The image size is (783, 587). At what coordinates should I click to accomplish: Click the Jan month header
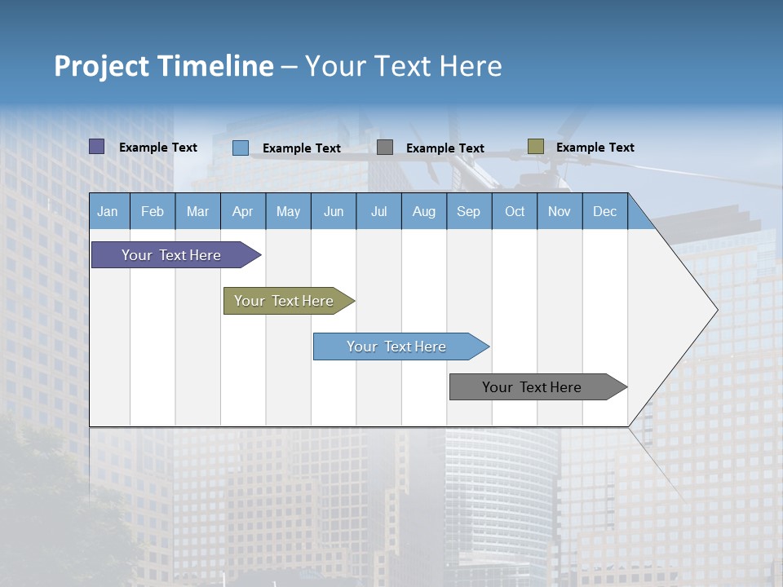coord(108,212)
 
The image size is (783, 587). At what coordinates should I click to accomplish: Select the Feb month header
coord(153,212)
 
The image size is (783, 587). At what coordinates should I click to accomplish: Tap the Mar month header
coord(197,212)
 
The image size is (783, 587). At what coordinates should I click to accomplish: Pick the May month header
coord(288,212)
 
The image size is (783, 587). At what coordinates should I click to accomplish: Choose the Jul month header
coord(378,212)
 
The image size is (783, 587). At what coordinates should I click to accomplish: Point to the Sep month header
coord(468,212)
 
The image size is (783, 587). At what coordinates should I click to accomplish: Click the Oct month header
coord(515,212)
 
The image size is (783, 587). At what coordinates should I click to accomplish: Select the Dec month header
coord(604,212)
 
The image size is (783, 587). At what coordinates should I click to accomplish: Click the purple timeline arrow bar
coord(171,255)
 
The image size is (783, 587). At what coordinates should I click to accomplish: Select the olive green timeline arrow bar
coord(284,301)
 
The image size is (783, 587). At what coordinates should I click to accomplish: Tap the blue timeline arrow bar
coord(396,346)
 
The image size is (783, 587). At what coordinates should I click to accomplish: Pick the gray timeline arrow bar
coord(532,387)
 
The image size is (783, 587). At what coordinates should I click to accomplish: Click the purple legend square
coord(97,147)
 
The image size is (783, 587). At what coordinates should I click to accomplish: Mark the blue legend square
coord(241,148)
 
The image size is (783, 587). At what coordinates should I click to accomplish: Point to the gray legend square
coord(385,147)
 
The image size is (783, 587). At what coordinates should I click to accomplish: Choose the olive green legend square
coord(536,147)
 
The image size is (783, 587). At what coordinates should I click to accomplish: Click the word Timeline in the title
coord(215,66)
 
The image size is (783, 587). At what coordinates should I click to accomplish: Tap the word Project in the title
coord(101,66)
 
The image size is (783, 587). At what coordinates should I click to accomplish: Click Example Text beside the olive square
coord(595,148)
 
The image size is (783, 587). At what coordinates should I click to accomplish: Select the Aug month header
coord(423,212)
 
